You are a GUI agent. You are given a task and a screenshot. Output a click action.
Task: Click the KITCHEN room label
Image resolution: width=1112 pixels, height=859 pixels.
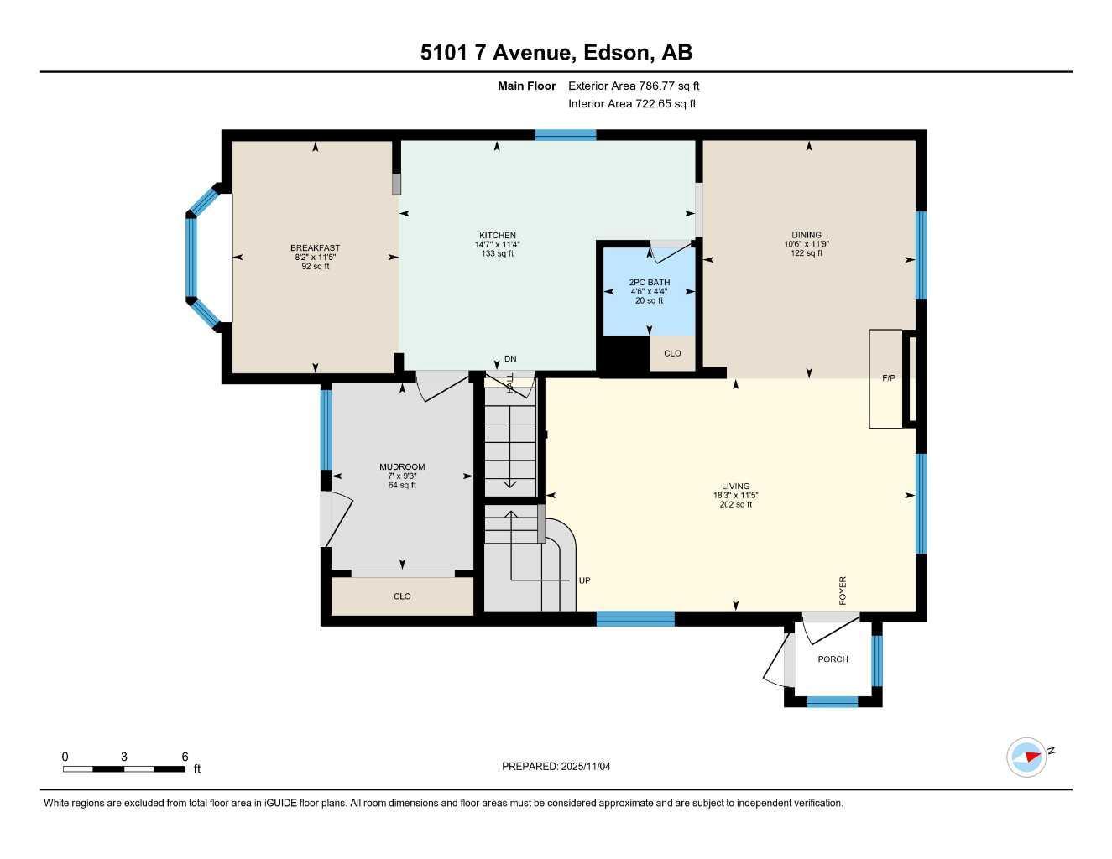497,236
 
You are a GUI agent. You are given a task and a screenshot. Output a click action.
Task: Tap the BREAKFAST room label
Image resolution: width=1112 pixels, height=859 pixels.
315,248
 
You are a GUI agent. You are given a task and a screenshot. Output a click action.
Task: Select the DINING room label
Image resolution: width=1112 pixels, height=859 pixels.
806,236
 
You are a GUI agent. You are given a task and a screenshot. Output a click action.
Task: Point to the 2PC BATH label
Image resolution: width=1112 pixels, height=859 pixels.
649,283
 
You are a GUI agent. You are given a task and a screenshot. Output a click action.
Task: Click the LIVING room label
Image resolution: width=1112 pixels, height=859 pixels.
735,487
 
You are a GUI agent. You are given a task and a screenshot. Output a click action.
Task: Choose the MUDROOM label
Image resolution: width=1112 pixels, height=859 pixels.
402,467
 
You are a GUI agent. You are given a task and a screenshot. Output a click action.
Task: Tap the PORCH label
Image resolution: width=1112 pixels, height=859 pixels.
833,659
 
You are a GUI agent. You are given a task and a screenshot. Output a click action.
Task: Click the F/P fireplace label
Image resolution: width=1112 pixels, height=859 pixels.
888,378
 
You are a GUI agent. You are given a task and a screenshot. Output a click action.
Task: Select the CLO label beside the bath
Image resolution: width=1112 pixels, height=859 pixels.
672,354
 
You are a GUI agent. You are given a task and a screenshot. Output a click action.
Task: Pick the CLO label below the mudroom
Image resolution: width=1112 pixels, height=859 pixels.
402,596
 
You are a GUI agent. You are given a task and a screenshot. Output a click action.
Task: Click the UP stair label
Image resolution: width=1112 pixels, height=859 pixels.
585,580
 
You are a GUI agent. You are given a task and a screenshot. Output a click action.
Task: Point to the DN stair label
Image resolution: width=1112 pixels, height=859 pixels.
510,359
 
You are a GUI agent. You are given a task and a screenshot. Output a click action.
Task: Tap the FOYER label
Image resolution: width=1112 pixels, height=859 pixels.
843,591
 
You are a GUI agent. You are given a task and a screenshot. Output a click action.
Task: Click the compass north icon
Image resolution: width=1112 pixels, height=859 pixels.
1027,757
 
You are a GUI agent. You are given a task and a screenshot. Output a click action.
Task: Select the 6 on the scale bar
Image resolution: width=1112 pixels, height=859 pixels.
185,757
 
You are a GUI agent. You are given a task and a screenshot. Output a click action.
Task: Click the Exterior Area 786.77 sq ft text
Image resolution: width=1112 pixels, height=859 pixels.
634,86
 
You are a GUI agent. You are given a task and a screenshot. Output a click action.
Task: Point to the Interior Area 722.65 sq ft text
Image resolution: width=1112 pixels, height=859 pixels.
632,104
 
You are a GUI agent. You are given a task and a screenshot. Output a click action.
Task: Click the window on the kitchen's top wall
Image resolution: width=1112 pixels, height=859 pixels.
566,134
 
